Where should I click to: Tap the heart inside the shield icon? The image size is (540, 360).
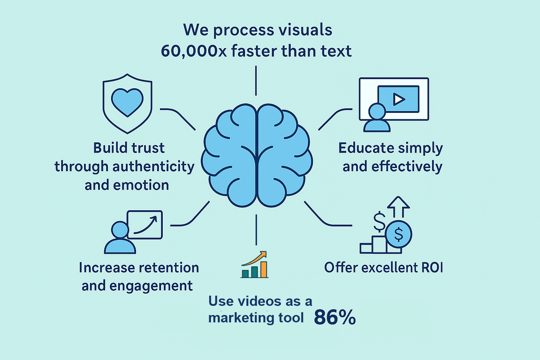click(x=127, y=101)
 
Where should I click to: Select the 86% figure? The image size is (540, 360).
click(x=335, y=317)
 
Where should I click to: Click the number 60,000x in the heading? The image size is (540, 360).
click(x=194, y=51)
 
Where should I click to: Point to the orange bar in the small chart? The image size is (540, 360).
click(x=263, y=269)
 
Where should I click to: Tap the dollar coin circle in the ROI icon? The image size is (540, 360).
click(x=399, y=234)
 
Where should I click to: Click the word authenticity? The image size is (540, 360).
click(x=153, y=166)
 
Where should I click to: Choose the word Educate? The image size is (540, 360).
click(x=361, y=148)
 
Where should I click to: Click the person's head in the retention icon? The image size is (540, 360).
click(x=120, y=230)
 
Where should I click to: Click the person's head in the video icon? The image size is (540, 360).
click(x=377, y=112)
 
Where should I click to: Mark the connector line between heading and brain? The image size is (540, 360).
click(x=256, y=81)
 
